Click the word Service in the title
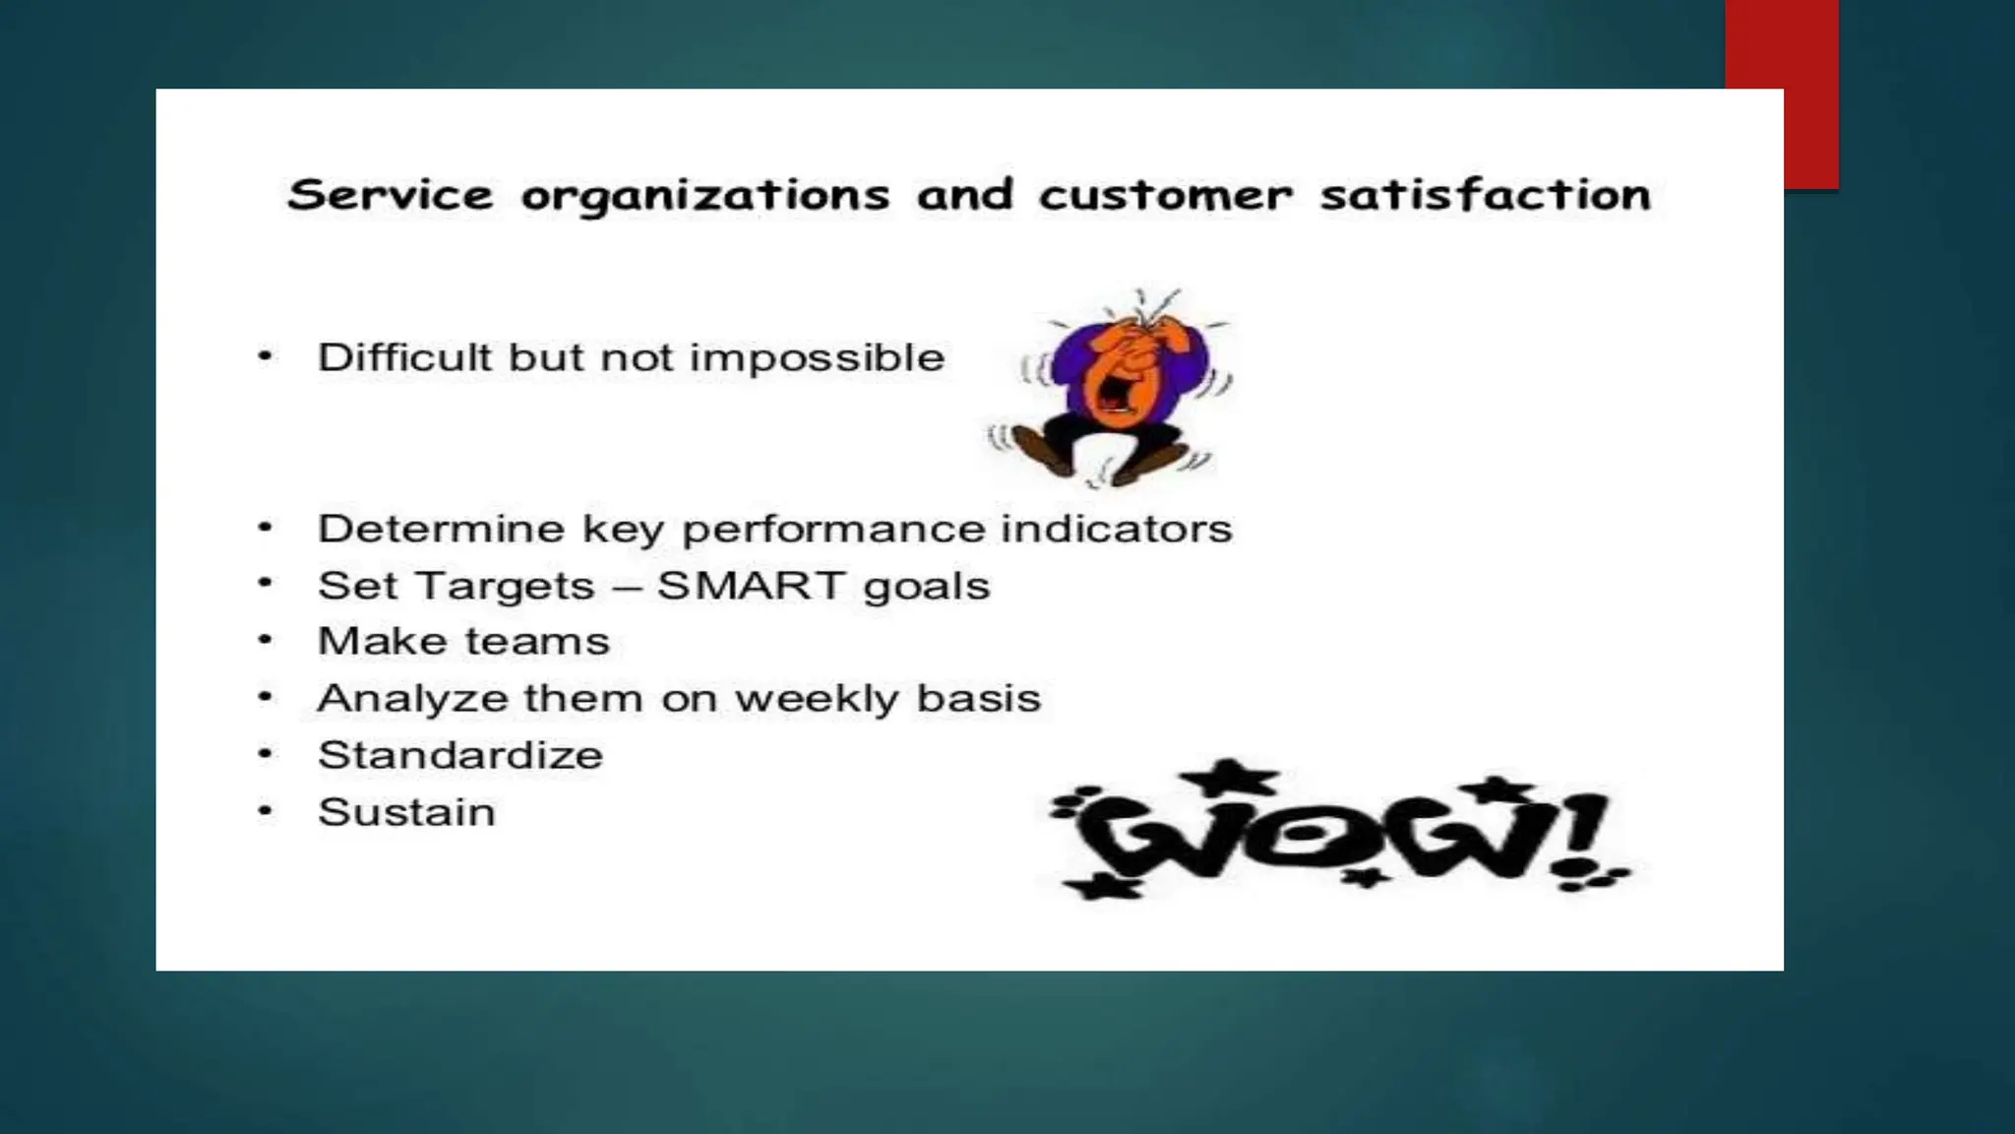click(390, 195)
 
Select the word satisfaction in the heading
click(1486, 195)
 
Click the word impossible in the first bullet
click(817, 358)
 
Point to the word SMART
click(751, 586)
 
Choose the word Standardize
click(460, 756)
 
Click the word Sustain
click(406, 813)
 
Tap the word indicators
click(1116, 530)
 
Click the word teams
click(537, 642)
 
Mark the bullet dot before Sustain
click(265, 812)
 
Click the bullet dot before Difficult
click(265, 356)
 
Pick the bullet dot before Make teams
click(265, 641)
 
